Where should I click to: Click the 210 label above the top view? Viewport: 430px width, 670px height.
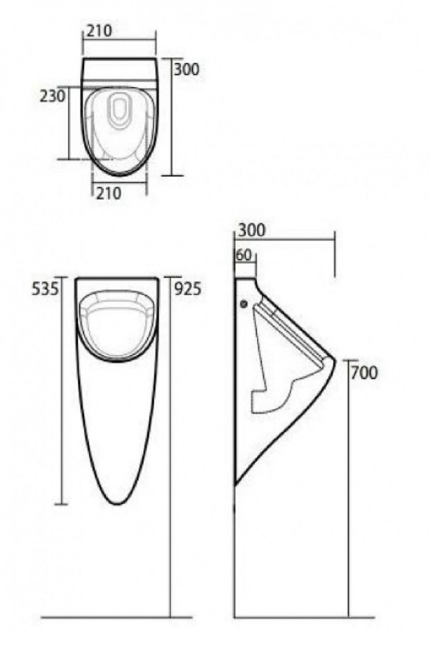pyautogui.click(x=99, y=30)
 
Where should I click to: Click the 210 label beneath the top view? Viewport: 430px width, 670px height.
pyautogui.click(x=108, y=194)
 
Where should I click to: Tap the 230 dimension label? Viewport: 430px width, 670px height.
pyautogui.click(x=53, y=95)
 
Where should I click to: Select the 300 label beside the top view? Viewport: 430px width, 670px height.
pyautogui.click(x=187, y=69)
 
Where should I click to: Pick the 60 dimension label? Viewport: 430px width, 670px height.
pyautogui.click(x=243, y=254)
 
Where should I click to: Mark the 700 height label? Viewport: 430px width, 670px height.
pyautogui.click(x=364, y=373)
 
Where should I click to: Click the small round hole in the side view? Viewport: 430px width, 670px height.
pyautogui.click(x=243, y=303)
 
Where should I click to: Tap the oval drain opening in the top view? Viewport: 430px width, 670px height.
pyautogui.click(x=120, y=111)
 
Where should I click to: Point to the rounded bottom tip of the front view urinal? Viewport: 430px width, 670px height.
pyautogui.click(x=118, y=502)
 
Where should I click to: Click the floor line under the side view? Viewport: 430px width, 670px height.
pyautogui.click(x=304, y=617)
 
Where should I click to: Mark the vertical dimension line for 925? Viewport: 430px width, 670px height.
pyautogui.click(x=170, y=449)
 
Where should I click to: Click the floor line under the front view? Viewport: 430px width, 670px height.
pyautogui.click(x=104, y=617)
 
